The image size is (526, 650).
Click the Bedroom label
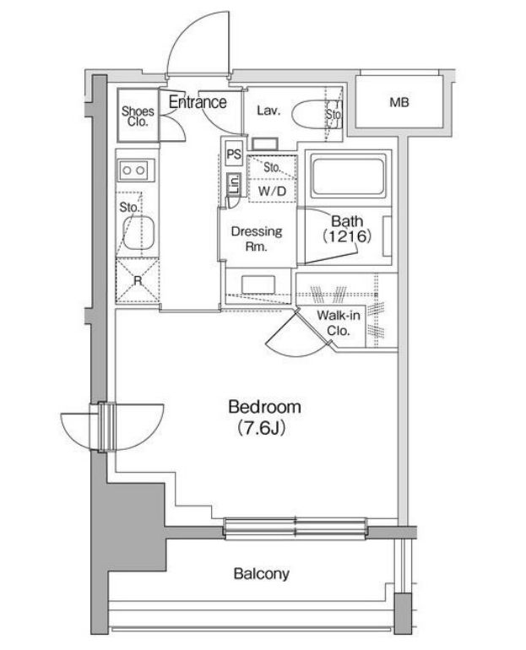click(264, 407)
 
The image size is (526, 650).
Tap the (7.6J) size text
click(262, 428)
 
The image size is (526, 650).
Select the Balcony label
click(261, 574)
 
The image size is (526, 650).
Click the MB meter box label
click(399, 102)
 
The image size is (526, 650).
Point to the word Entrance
click(198, 102)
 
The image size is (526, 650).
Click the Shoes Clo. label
click(138, 116)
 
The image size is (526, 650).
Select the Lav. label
click(268, 111)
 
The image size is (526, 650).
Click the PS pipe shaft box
click(234, 154)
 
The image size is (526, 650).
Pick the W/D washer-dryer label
click(272, 191)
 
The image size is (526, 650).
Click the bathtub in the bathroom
click(348, 177)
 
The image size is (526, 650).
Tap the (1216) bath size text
click(347, 236)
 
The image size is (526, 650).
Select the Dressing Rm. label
click(257, 239)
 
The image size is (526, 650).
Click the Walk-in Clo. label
click(339, 323)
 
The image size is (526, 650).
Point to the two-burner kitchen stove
click(137, 171)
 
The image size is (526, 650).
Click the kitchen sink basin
click(138, 232)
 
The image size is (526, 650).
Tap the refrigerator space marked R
click(138, 280)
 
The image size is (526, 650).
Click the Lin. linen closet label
click(234, 185)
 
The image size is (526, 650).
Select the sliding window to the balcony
click(296, 528)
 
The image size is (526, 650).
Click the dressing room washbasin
click(258, 284)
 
